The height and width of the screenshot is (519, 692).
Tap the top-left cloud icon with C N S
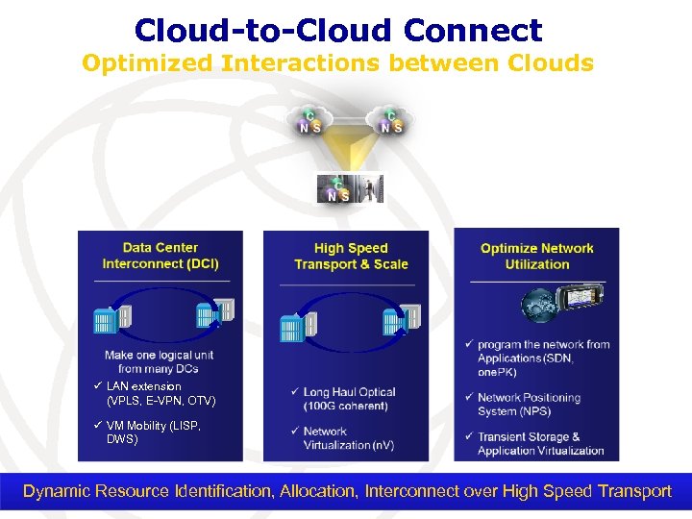310,120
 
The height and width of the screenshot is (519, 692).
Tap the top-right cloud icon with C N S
390,120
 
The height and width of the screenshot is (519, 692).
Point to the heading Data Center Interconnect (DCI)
161,256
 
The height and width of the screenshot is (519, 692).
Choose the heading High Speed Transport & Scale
351,256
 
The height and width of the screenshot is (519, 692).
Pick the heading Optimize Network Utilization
536,256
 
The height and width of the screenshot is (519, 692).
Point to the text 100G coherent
346,406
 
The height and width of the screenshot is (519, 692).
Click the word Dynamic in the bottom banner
57,491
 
